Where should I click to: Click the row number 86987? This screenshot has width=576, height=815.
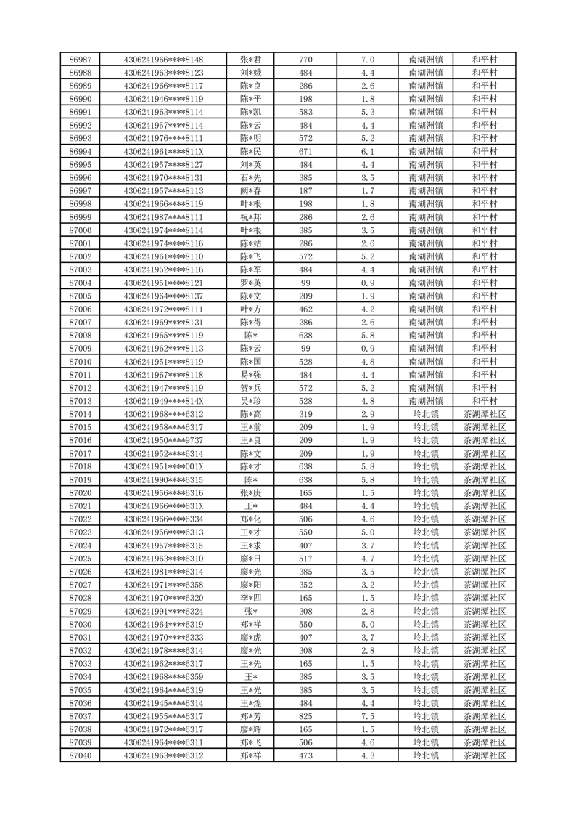click(80, 60)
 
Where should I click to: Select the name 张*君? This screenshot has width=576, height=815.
click(251, 60)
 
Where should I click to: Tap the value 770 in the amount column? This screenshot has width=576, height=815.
click(305, 60)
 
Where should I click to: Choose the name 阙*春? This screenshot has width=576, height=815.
click(251, 190)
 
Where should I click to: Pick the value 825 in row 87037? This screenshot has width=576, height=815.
click(305, 716)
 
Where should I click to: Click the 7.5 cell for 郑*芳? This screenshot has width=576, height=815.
click(367, 716)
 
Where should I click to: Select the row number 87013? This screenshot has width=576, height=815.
click(80, 401)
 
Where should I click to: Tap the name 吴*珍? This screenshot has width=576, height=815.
click(251, 401)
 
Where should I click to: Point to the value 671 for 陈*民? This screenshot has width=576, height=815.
click(305, 152)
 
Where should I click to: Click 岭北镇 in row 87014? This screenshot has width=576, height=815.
click(426, 414)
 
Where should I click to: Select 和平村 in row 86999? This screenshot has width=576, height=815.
click(484, 217)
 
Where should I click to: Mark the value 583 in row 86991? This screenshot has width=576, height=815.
click(305, 112)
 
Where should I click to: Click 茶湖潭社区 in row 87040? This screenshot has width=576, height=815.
click(484, 756)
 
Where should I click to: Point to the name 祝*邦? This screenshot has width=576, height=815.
click(251, 217)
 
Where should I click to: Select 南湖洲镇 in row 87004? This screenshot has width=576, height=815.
click(426, 283)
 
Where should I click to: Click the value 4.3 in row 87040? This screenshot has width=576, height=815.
click(367, 756)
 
